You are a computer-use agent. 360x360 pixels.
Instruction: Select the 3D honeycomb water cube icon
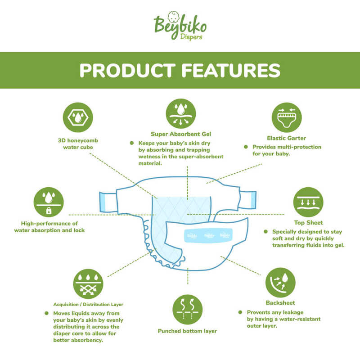(x=77, y=117)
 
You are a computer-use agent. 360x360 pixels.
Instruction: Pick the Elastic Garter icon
(x=287, y=117)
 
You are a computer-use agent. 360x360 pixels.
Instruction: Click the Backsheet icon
(x=280, y=282)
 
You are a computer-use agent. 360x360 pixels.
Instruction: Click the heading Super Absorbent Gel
(x=181, y=134)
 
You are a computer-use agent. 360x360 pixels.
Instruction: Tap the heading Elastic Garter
(x=287, y=138)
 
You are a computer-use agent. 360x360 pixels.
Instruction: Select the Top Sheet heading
(x=308, y=223)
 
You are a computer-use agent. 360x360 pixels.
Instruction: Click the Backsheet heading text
(x=280, y=303)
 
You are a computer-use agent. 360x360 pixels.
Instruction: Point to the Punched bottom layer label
(x=187, y=331)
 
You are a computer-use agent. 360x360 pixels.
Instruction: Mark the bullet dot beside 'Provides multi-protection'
(x=246, y=147)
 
